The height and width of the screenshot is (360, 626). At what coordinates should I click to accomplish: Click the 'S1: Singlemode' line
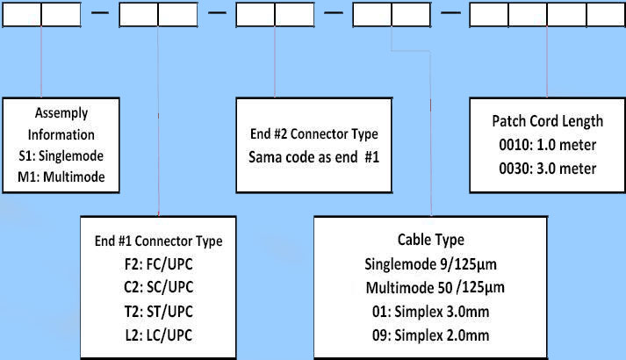[61, 155]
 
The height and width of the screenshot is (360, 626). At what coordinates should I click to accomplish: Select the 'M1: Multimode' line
[61, 176]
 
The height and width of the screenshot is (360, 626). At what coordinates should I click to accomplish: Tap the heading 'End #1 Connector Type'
[158, 241]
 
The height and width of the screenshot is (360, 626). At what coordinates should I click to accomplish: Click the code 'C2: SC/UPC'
[158, 287]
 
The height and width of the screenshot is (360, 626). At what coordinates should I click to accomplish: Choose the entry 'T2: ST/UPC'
[158, 310]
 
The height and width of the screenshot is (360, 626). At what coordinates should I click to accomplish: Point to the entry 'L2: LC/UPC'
[158, 334]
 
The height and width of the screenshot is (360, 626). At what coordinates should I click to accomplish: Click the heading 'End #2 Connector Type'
[313, 134]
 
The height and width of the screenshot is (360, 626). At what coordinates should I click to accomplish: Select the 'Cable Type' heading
[432, 240]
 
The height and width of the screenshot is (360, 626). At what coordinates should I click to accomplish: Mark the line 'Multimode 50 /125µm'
[432, 286]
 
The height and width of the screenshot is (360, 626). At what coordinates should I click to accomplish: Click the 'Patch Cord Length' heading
[547, 121]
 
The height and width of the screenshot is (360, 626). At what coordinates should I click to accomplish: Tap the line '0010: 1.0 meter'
[547, 145]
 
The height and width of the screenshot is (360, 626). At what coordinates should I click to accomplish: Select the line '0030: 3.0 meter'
[547, 168]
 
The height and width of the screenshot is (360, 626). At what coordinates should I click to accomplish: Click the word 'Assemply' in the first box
[61, 113]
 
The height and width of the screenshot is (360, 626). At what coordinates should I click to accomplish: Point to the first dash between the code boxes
[100, 14]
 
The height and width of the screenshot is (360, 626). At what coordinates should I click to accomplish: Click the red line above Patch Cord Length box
[548, 61]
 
